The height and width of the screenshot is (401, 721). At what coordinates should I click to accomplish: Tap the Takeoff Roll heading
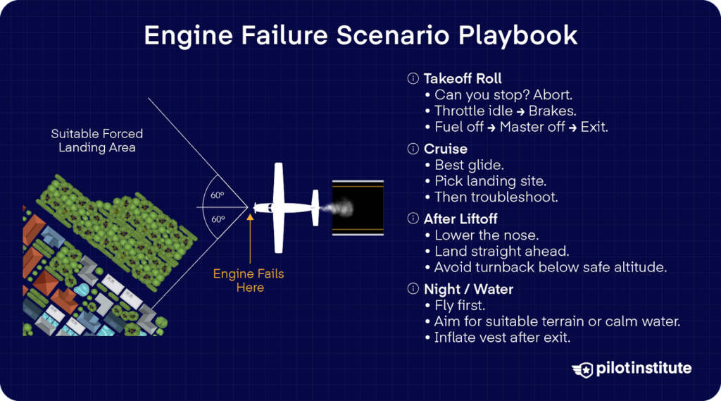click(463, 78)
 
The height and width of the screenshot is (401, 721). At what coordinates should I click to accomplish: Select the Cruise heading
click(445, 149)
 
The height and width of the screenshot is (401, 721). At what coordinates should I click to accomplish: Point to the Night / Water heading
click(468, 289)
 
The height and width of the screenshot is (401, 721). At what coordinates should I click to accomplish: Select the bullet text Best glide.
click(468, 165)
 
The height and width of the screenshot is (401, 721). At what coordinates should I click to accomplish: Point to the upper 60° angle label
click(218, 195)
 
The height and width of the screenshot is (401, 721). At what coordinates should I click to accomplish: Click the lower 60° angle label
click(218, 219)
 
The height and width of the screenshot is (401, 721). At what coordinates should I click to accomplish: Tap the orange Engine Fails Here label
click(249, 280)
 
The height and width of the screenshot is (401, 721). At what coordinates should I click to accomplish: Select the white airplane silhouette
click(282, 208)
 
